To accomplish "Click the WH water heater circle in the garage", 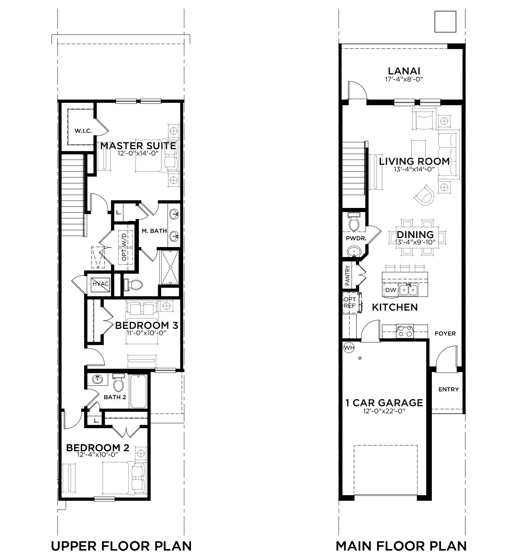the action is click(349, 347).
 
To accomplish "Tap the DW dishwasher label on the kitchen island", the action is click(390, 290).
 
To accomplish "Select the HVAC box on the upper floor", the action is click(101, 284).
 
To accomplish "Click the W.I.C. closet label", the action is click(83, 131).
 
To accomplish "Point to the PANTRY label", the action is click(347, 276).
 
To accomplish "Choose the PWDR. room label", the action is click(356, 239).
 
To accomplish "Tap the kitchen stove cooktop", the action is click(405, 331).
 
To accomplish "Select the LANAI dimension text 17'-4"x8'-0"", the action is click(404, 79).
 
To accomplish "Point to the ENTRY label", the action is click(448, 389).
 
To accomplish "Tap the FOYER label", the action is click(445, 334).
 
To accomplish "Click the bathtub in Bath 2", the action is click(138, 391).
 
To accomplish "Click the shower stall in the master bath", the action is click(169, 267).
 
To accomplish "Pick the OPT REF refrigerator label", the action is click(350, 302).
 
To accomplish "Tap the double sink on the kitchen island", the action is click(409, 290).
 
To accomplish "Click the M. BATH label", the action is click(154, 231).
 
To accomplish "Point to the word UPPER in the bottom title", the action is click(74, 546).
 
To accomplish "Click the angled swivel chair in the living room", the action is click(424, 195).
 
